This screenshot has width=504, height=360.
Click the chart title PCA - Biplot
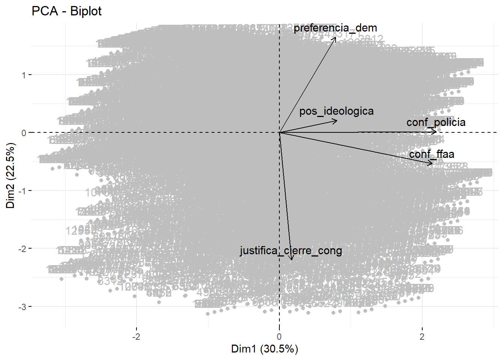66,11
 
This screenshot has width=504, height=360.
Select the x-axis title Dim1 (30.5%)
264,349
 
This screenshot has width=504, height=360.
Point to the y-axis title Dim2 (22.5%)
10,175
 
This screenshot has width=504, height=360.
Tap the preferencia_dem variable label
335,28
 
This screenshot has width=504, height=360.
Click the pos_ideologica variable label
336,111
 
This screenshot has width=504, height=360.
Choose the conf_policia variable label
436,122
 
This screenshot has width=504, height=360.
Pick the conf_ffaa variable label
432,154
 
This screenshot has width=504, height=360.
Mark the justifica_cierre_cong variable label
291,250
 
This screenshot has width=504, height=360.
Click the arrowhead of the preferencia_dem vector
335,37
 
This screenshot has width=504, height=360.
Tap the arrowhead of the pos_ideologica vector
336,120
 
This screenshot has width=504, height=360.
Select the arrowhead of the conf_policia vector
436,131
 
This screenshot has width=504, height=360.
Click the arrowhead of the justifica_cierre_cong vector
291,259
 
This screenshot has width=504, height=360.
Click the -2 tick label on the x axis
136,336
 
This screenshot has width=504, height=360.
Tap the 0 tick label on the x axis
279,336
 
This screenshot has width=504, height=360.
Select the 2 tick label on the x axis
422,336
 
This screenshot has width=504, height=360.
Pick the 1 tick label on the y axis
24,75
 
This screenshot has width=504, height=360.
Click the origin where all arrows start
279,132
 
